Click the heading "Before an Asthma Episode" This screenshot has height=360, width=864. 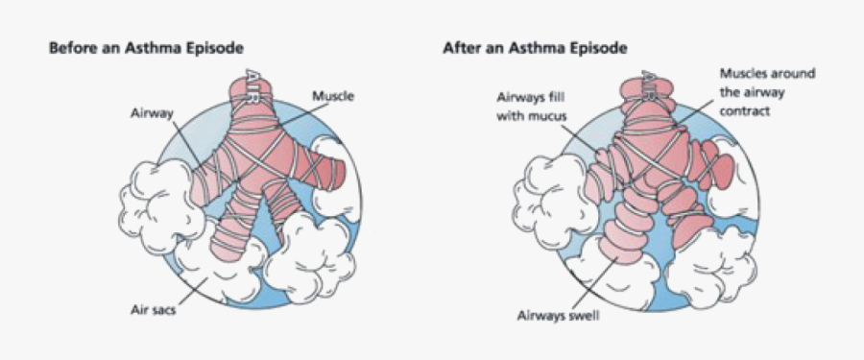click(x=145, y=47)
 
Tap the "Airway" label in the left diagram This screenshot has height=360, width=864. click(x=151, y=112)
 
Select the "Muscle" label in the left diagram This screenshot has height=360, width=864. click(x=331, y=96)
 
